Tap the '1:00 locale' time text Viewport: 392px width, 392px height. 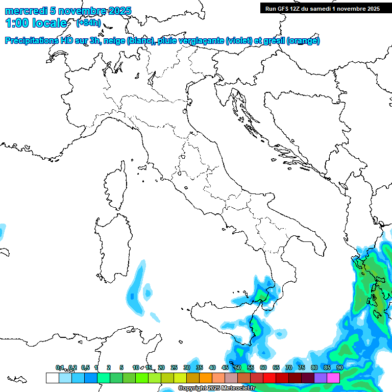coord(36,23)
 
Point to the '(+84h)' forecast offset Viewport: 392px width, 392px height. coord(88,23)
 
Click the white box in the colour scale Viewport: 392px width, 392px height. coord(52,378)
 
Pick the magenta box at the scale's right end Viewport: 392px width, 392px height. coord(333,378)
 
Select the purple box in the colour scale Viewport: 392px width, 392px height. coord(321,378)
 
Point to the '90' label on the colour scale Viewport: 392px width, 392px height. coord(339,367)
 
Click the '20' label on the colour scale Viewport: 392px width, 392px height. coord(161,367)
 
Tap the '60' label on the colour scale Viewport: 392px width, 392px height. coord(263,367)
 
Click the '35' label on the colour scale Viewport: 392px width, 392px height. coord(200,367)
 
